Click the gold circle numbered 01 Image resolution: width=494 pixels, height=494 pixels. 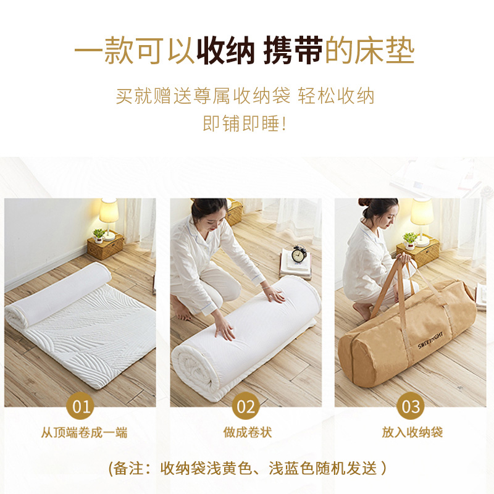tap(82, 406)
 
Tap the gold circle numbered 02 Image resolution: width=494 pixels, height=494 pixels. tap(246, 406)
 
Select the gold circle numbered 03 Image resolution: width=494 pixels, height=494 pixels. tap(411, 406)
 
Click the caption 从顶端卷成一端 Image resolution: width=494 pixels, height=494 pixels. tap(84, 433)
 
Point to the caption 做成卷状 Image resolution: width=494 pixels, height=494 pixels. tap(247, 433)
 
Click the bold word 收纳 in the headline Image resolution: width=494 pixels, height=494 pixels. tap(225, 52)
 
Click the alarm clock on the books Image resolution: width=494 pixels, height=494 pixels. tap(299, 254)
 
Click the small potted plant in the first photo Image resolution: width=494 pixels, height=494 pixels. tap(98, 235)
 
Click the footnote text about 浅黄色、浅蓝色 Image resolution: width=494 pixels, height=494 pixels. tap(247, 468)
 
